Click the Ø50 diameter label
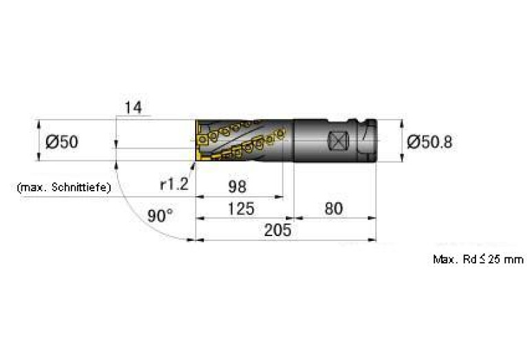point(62,141)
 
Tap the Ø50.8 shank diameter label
point(430,142)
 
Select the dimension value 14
point(133,108)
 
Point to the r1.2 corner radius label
point(174,184)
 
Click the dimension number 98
point(237,187)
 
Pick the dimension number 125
point(241,209)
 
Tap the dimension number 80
point(333,209)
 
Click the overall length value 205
point(278,231)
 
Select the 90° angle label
point(160,215)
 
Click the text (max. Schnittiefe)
point(64,187)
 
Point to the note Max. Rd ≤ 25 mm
point(478,260)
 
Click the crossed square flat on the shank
point(338,140)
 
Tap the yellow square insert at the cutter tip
point(202,139)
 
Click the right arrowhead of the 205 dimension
point(372,240)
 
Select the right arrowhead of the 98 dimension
point(279,197)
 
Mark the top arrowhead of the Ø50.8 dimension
point(401,123)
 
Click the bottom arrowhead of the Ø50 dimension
point(38,157)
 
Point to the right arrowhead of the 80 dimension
point(372,218)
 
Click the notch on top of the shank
point(352,121)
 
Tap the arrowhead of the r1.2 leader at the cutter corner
point(194,165)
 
